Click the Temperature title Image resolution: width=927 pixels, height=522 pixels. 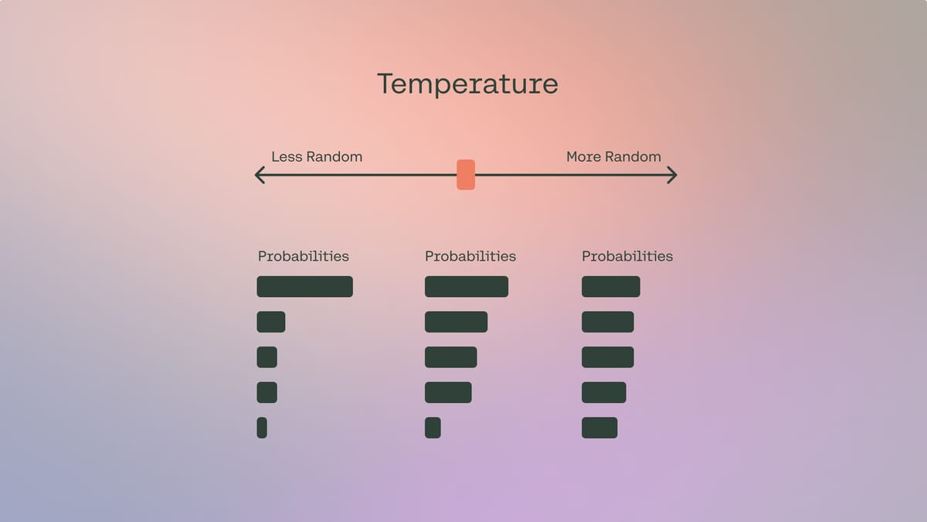pyautogui.click(x=467, y=84)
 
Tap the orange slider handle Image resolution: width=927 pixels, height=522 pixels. pyautogui.click(x=466, y=175)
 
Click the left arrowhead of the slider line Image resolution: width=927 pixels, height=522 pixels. pyautogui.click(x=260, y=176)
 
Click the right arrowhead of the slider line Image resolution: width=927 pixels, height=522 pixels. pyautogui.click(x=672, y=176)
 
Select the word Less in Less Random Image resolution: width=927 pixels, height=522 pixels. pyautogui.click(x=286, y=156)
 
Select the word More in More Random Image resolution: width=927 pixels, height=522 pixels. pyautogui.click(x=583, y=156)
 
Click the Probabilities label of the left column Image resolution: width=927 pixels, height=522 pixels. pyautogui.click(x=303, y=256)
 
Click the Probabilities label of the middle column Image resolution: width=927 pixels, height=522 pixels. pyautogui.click(x=470, y=256)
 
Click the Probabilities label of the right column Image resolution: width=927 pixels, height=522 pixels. pyautogui.click(x=626, y=256)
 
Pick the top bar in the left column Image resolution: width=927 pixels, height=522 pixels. pyautogui.click(x=304, y=286)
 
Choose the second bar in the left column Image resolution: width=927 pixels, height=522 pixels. pyautogui.click(x=270, y=322)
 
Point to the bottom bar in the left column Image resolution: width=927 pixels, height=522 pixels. pyautogui.click(x=262, y=428)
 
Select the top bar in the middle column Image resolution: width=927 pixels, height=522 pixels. pyautogui.click(x=466, y=286)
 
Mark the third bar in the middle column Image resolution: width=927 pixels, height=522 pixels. pyautogui.click(x=450, y=357)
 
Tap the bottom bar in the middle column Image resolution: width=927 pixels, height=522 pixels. pyautogui.click(x=433, y=428)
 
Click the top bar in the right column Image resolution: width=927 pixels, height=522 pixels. pyautogui.click(x=610, y=286)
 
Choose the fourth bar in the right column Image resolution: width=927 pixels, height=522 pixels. pyautogui.click(x=603, y=392)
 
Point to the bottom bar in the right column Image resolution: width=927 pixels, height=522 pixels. pyautogui.click(x=599, y=428)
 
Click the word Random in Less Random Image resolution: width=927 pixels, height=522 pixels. pyautogui.click(x=334, y=156)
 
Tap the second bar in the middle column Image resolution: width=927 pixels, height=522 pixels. pyautogui.click(x=456, y=322)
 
